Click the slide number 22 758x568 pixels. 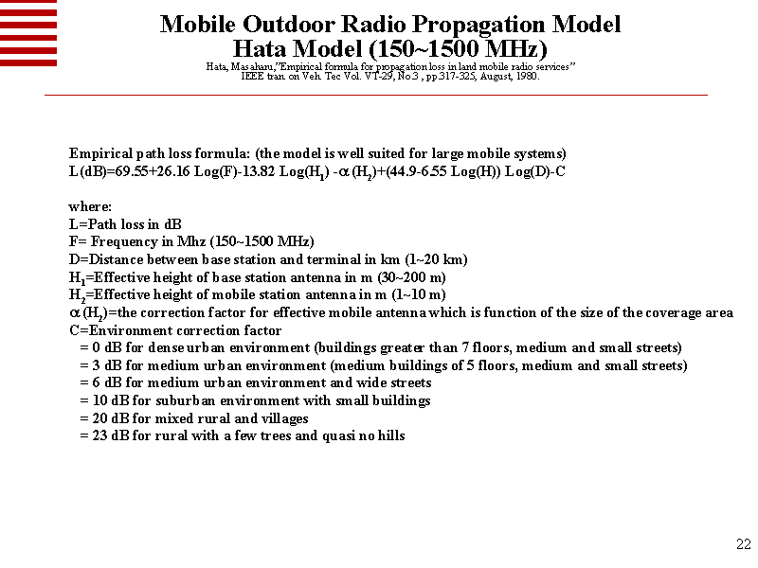coord(743,544)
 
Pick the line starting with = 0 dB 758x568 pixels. coord(379,348)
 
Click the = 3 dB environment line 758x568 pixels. coord(383,365)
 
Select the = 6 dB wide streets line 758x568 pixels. coord(255,383)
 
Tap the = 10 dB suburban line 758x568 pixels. coord(255,400)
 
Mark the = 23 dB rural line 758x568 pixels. coord(242,435)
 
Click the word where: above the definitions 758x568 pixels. coord(90,206)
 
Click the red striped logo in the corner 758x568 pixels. coord(28,32)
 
